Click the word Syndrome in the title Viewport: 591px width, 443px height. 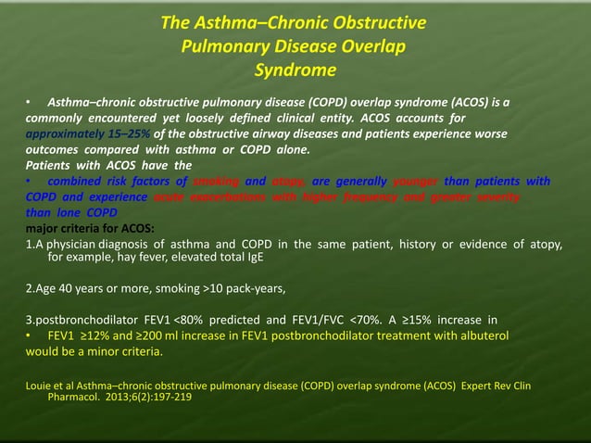(x=295, y=70)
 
